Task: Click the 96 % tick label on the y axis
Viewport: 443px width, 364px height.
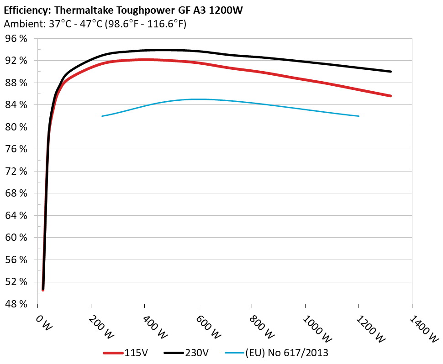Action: click(x=16, y=39)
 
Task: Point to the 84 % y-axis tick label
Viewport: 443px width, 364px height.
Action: click(x=16, y=105)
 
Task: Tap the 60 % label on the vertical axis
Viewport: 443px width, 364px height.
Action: click(x=16, y=238)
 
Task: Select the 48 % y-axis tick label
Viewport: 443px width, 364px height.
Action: click(x=16, y=304)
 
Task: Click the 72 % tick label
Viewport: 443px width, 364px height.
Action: click(x=16, y=171)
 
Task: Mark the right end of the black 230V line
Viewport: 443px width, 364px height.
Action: click(x=391, y=72)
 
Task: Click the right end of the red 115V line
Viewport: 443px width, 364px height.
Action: click(x=391, y=96)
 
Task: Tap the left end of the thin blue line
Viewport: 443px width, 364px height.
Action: click(x=102, y=116)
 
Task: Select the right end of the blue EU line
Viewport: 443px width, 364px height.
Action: click(x=359, y=116)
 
